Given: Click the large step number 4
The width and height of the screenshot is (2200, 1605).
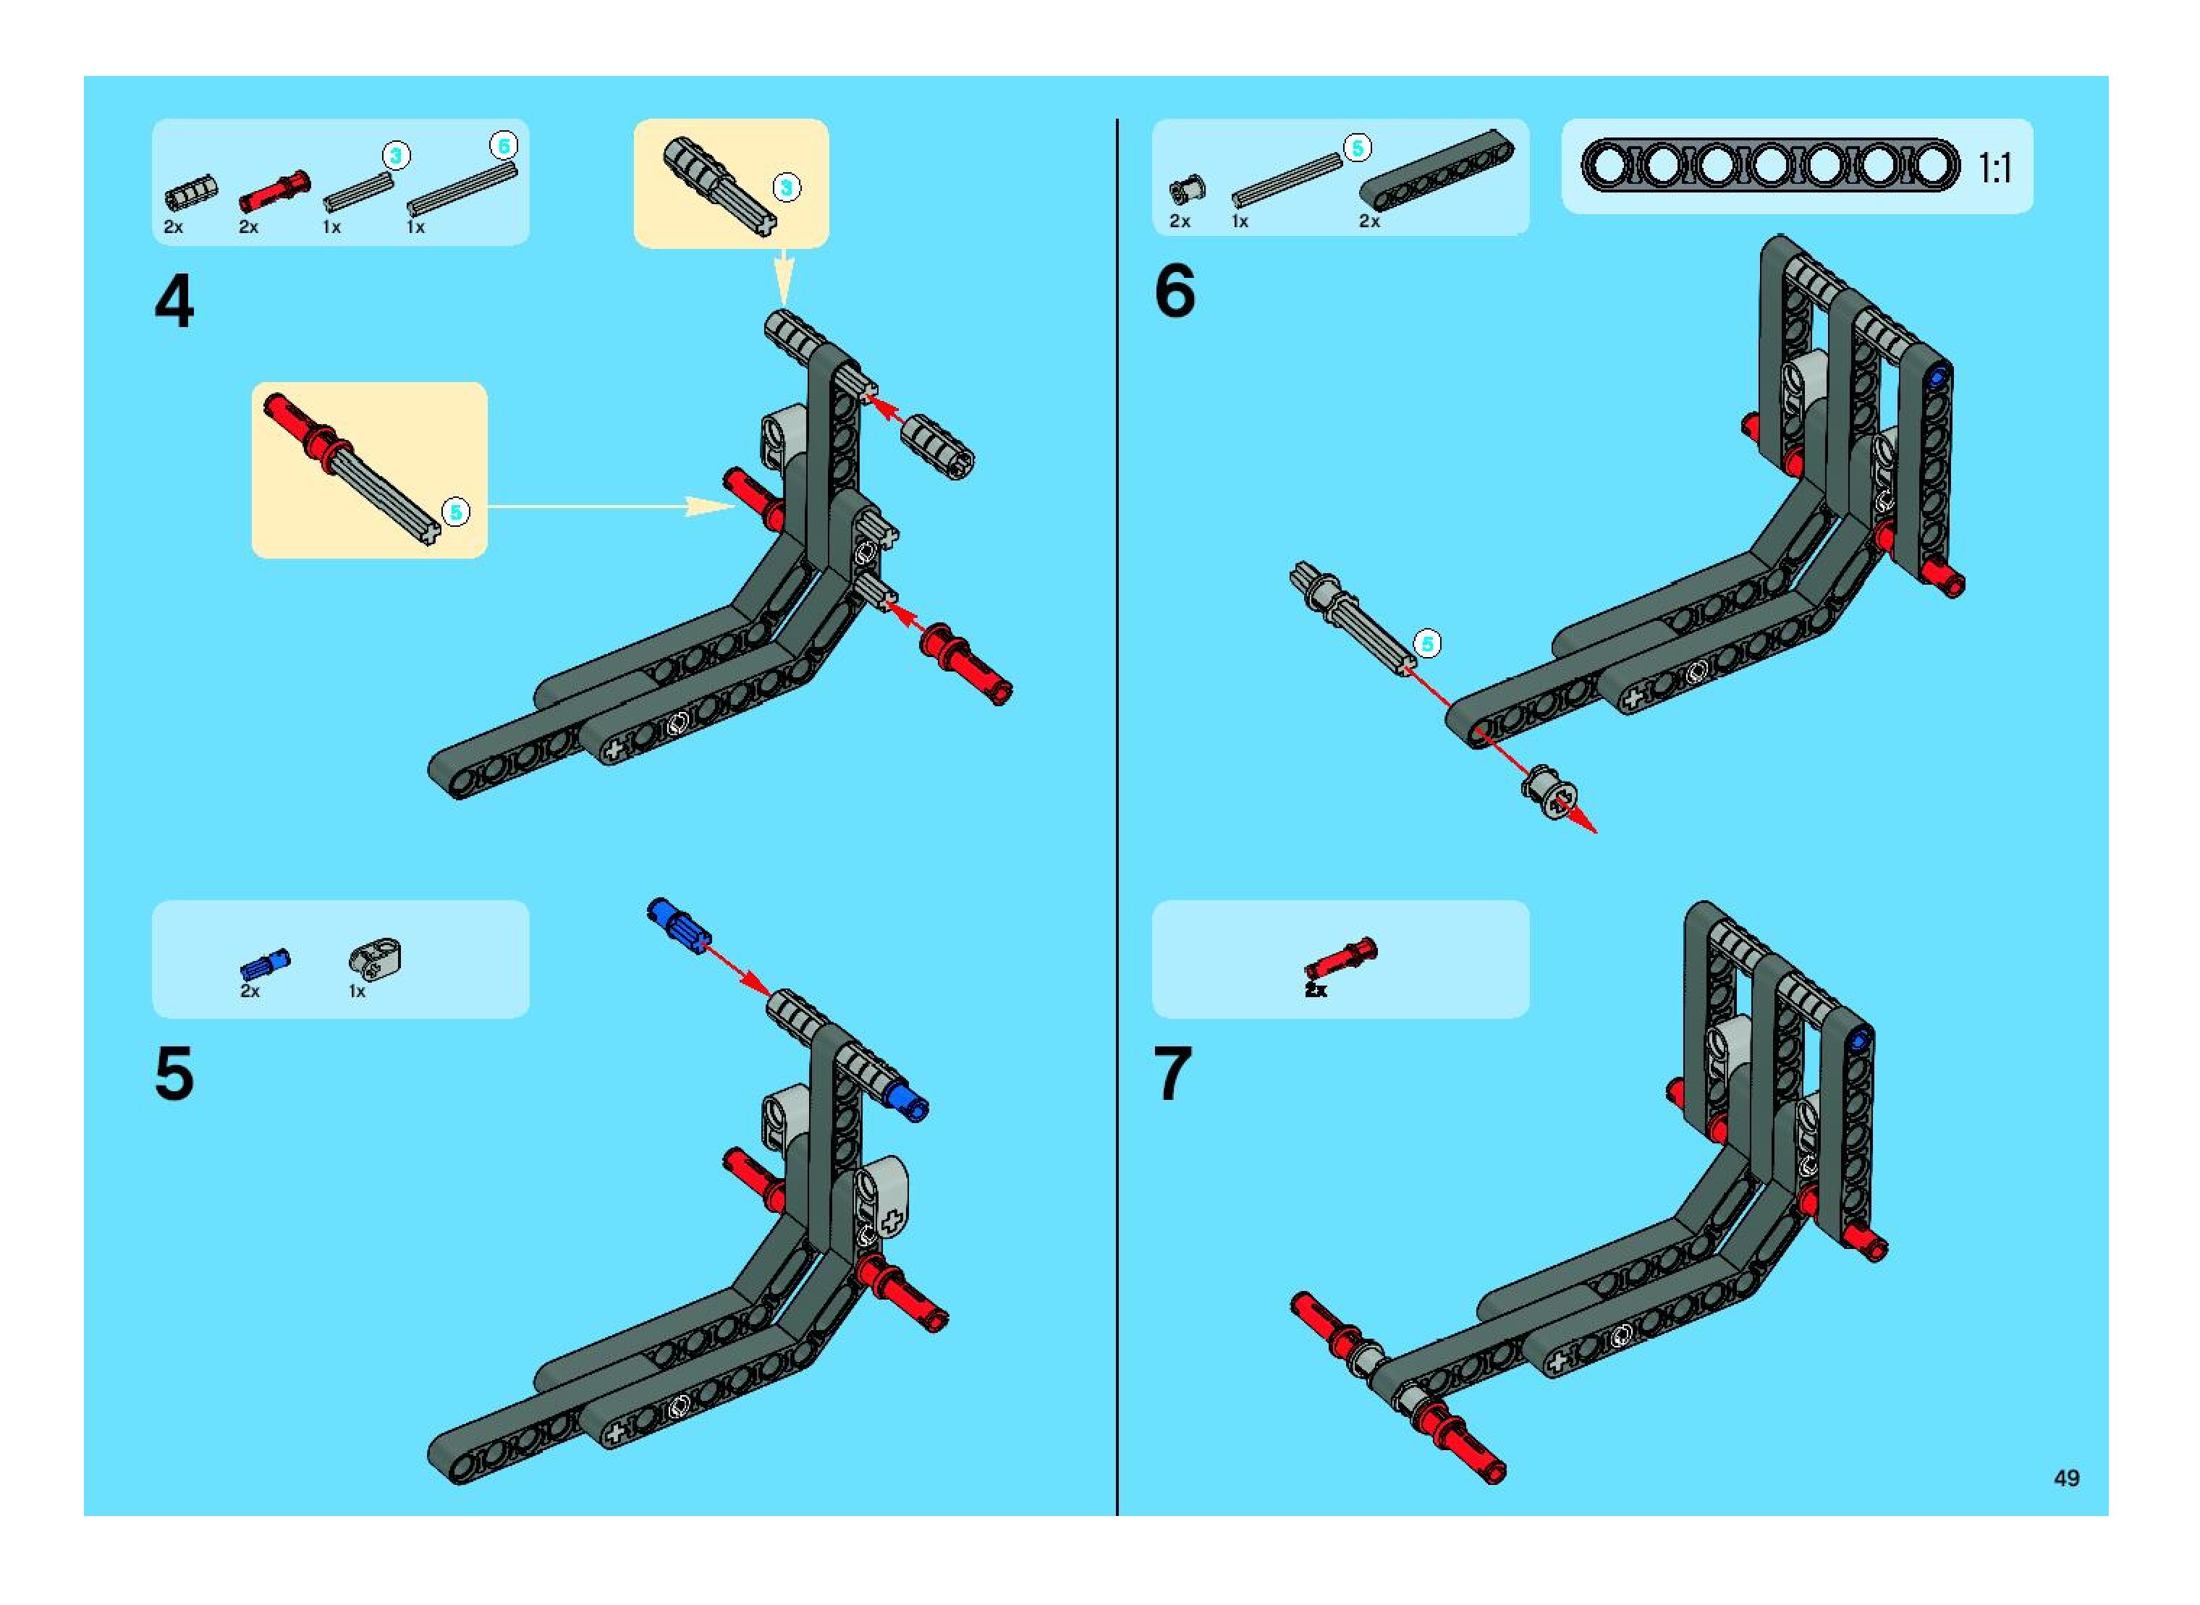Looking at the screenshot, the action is tap(175, 302).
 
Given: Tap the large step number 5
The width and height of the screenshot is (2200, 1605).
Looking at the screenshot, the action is tap(175, 1075).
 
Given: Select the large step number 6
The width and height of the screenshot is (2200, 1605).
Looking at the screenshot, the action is tap(1175, 292).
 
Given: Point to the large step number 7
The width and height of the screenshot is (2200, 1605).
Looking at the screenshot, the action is tap(1173, 1075).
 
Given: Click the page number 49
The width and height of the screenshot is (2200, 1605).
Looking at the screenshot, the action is tap(2067, 1478).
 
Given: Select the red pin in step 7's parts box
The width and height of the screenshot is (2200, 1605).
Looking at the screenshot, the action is tap(1341, 958).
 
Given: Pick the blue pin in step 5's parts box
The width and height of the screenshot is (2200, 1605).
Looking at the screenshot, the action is tap(264, 964).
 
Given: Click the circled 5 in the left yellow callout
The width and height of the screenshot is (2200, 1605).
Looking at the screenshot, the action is tap(454, 512).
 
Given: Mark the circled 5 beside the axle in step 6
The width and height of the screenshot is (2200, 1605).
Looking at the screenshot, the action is tap(1426, 643).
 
